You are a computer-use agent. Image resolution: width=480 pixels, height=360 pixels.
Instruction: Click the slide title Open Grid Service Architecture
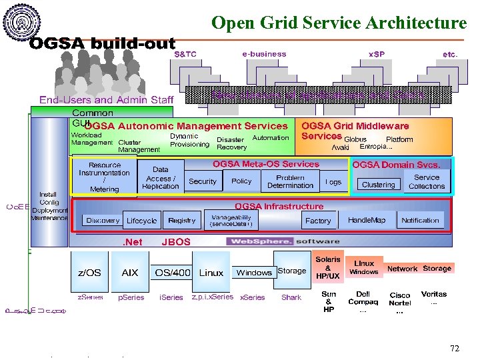[x=339, y=23]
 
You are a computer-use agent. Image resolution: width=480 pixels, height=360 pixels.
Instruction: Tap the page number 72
[x=455, y=348]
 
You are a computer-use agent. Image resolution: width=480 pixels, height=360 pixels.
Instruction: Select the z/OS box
[x=90, y=273]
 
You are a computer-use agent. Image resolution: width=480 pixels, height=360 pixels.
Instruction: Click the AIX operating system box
[x=130, y=273]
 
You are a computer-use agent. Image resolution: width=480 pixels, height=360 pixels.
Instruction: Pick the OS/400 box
[x=173, y=273]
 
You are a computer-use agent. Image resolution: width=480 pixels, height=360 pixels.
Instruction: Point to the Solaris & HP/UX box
[x=328, y=267]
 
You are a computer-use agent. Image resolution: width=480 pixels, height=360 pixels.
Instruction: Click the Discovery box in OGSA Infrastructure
[x=103, y=221]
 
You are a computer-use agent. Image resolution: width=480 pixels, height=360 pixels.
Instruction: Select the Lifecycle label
[x=141, y=221]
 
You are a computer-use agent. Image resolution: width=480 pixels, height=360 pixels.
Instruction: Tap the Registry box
[x=182, y=221]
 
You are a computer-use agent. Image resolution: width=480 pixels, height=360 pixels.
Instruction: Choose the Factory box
[x=318, y=221]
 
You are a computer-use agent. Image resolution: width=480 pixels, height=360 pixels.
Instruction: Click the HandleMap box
[x=367, y=220]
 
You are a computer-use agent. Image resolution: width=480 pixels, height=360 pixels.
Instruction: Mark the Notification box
[x=420, y=220]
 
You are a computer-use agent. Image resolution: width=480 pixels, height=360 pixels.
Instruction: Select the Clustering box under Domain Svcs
[x=378, y=185]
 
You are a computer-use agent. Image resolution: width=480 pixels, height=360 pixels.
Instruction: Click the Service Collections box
[x=427, y=182]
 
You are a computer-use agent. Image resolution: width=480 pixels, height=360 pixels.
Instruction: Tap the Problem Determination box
[x=290, y=181]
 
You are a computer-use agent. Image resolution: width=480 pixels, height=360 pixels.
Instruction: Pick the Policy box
[x=241, y=181]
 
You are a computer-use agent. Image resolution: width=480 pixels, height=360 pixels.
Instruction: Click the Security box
[x=203, y=181]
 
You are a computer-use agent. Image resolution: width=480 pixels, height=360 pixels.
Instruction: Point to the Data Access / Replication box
[x=161, y=178]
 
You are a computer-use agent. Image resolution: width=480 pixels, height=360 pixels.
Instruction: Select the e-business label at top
[x=264, y=54]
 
